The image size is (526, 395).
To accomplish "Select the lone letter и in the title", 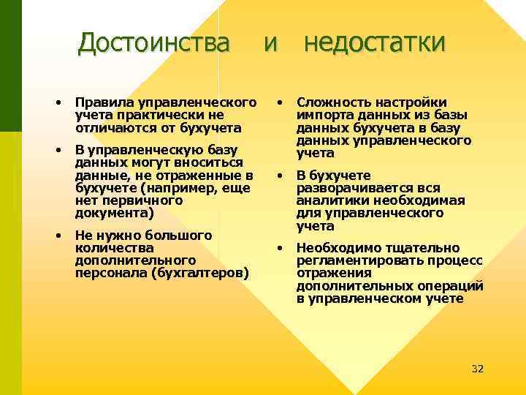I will [x=270, y=44].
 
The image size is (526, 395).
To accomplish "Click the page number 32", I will [x=478, y=368].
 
